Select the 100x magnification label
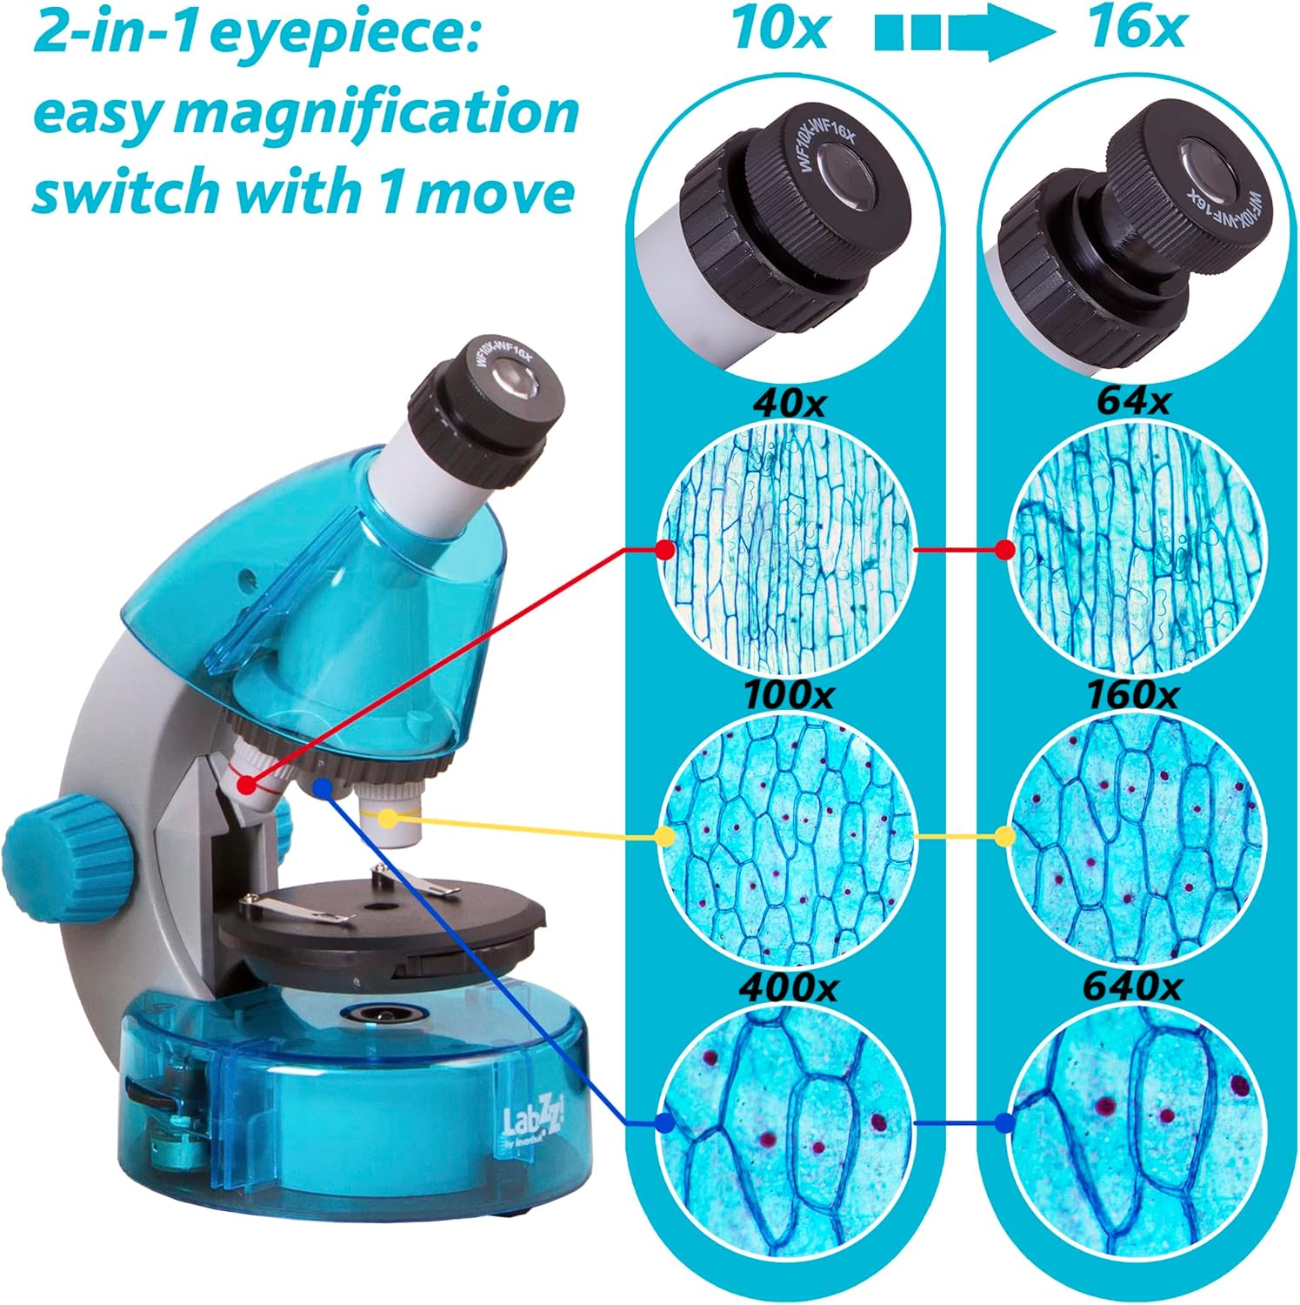click(x=788, y=694)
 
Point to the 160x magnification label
click(x=1131, y=694)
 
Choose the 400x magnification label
click(x=788, y=987)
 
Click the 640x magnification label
click(x=1131, y=987)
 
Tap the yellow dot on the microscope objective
click(x=388, y=818)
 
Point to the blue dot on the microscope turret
click(x=323, y=787)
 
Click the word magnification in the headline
click(x=390, y=113)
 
